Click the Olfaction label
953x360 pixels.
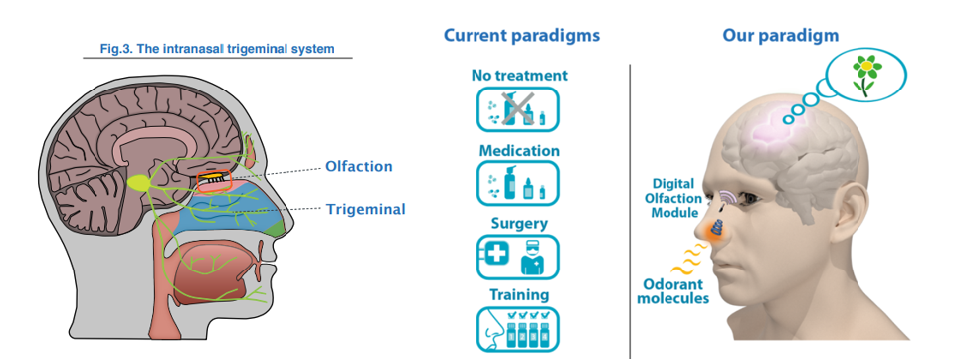358,166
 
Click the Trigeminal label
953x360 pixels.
365,210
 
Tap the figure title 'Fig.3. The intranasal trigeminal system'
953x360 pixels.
218,48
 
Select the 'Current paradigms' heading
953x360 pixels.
521,35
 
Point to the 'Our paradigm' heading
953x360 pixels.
780,35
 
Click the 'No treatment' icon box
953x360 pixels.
518,109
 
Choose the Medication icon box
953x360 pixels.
518,183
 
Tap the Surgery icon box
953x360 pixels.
518,257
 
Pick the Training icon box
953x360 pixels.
518,330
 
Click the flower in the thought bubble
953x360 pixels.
867,74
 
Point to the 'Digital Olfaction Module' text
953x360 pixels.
676,198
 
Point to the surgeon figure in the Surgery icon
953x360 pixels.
532,258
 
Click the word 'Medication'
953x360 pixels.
519,150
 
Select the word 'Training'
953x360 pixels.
519,295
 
